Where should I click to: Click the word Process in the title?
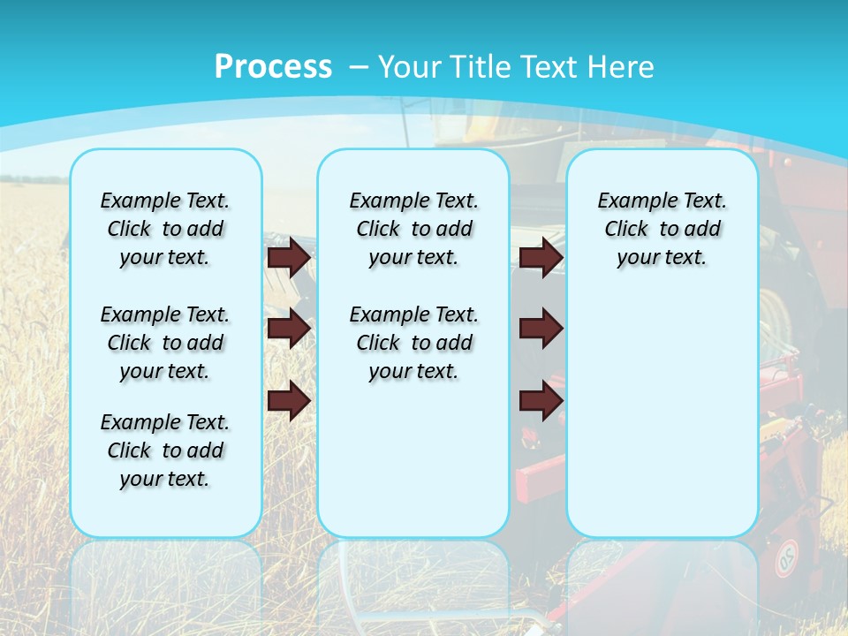coord(273,67)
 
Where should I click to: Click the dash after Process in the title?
coord(359,68)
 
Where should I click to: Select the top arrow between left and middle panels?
coord(289,257)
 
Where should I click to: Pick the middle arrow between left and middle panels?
coord(289,329)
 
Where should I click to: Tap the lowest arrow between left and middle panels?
coord(289,401)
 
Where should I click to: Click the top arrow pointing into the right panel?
coord(541,257)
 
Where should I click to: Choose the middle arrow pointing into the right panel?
coord(541,329)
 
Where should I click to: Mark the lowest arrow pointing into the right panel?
coord(541,401)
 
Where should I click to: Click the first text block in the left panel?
coord(165,229)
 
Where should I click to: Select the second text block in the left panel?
coord(165,343)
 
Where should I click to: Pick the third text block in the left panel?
coord(165,450)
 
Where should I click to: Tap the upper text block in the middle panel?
coord(413,229)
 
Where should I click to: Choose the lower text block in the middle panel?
coord(413,343)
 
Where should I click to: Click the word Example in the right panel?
coord(630,201)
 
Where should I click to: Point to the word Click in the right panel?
coord(626,230)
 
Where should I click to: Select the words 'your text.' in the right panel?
coord(662,258)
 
